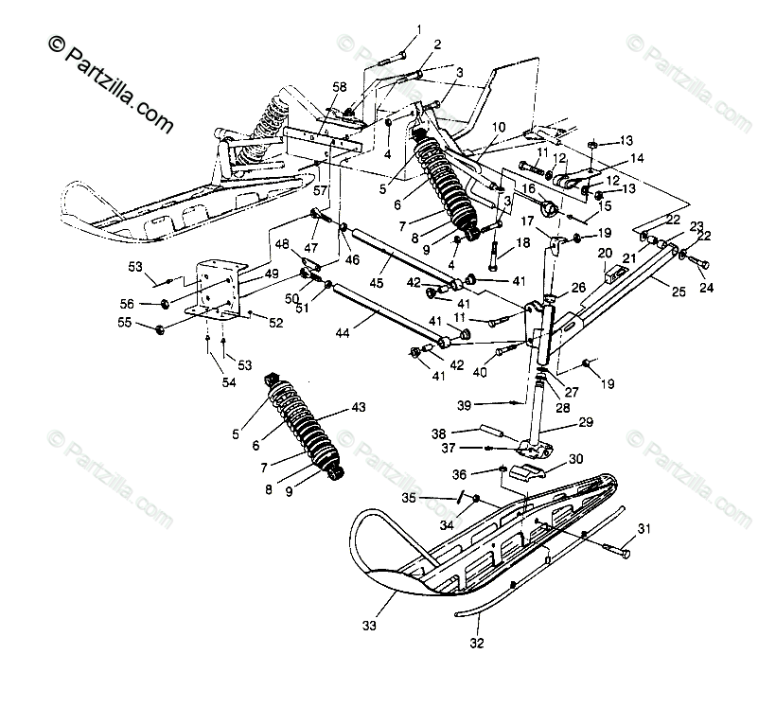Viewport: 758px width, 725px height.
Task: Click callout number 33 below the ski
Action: (x=368, y=625)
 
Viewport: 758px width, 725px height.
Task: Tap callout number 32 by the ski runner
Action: (x=476, y=645)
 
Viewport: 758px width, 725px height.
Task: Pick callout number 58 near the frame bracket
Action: (x=339, y=87)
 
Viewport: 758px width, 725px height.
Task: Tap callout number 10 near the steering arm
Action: (x=498, y=126)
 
